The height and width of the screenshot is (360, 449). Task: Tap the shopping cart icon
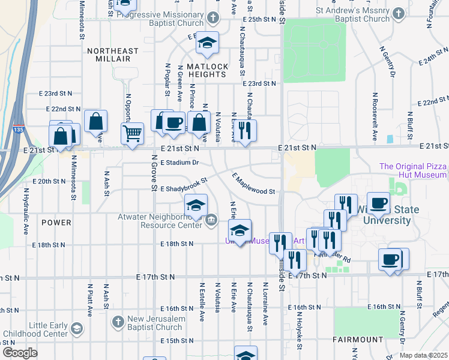(132, 133)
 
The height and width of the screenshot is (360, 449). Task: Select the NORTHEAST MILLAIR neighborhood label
(112, 55)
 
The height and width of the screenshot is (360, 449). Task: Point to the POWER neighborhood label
(56, 223)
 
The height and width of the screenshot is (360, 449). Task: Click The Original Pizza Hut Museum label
(413, 170)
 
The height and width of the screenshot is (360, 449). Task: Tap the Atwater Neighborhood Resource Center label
(170, 221)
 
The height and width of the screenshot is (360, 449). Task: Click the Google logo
(19, 353)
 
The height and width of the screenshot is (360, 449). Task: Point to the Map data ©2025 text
(423, 355)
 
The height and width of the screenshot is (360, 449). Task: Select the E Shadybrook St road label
(183, 185)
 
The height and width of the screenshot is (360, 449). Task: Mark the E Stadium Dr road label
(179, 163)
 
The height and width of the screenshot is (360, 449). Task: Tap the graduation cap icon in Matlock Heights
(208, 42)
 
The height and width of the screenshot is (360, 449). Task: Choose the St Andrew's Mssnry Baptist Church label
(353, 14)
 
